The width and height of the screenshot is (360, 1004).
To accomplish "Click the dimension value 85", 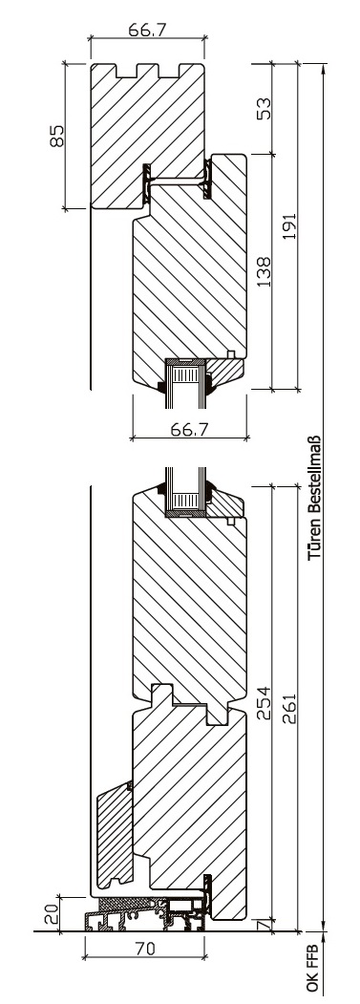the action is click(57, 136).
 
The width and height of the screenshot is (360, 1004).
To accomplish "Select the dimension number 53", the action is click(264, 108).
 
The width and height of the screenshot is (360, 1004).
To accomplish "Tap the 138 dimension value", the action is click(264, 271).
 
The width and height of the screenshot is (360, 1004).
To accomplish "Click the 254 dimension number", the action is click(264, 703).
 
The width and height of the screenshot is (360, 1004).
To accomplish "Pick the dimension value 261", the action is click(289, 708).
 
